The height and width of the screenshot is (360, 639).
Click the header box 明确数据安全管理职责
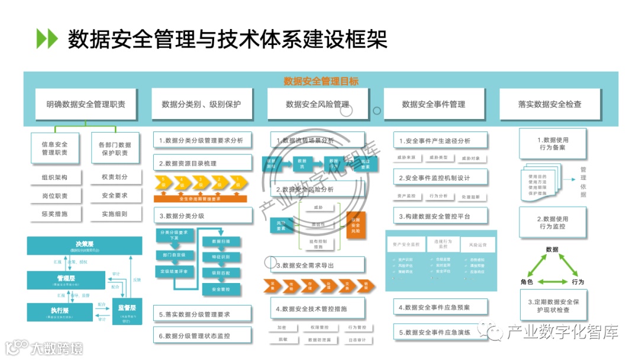click(x=86, y=104)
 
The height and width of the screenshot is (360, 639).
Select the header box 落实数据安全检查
click(x=550, y=104)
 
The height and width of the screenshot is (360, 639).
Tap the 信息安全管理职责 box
click(x=54, y=148)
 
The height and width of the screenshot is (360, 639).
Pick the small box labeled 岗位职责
click(x=54, y=195)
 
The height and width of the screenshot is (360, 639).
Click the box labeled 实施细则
click(x=115, y=214)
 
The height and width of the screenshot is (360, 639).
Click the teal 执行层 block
click(x=57, y=312)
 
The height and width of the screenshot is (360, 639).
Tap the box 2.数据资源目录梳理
click(x=202, y=163)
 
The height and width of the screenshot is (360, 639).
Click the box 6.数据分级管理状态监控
click(x=202, y=336)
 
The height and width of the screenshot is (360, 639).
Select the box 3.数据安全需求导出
click(x=319, y=265)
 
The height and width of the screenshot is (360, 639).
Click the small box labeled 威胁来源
click(x=406, y=158)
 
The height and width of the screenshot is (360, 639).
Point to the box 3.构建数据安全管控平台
click(x=441, y=216)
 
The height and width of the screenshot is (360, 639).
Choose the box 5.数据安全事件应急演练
click(x=441, y=332)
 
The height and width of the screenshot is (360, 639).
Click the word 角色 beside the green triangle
click(x=527, y=282)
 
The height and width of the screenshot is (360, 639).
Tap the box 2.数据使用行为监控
click(x=553, y=223)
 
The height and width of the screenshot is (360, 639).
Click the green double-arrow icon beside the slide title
click(x=47, y=38)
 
